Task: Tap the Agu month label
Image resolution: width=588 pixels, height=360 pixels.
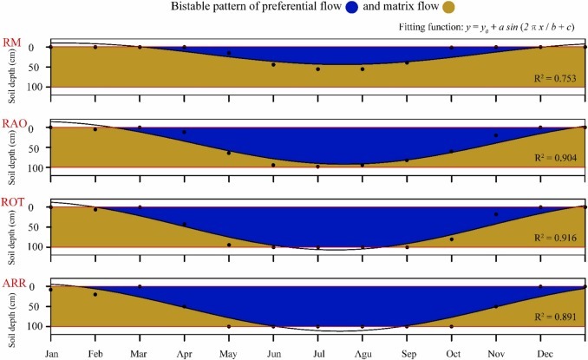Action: pos(363,353)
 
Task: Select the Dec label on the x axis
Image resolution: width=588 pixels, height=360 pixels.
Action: pos(540,353)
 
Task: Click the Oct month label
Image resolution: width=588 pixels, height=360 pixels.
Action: pos(451,353)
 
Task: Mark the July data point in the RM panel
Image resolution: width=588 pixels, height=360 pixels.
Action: pos(318,69)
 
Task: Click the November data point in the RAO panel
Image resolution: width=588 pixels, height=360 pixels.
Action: pos(496,135)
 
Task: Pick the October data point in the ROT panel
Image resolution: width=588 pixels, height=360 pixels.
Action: pos(452,239)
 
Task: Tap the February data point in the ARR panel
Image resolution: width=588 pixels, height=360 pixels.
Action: pos(95,295)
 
